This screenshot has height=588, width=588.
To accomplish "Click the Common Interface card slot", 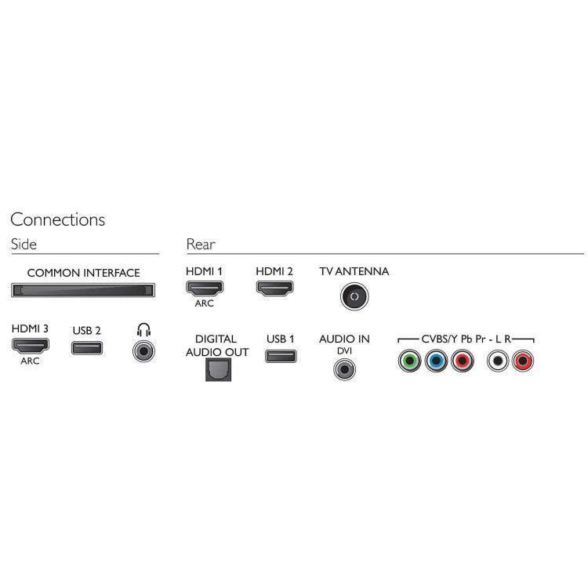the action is coord(83,290).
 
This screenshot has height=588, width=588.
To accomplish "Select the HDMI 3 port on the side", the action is coord(31,346).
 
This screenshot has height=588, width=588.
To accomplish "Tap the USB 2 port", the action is coord(87,348).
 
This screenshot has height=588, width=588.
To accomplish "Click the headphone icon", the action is coord(143,330).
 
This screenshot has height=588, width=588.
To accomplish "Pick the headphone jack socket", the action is coord(143,351).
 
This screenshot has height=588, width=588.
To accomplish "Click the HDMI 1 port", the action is coord(205,288).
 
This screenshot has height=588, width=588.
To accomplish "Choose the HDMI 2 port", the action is coord(275,288).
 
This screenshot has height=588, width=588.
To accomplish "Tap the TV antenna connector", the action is coord(354,296).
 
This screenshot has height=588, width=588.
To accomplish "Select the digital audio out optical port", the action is coord(218,370).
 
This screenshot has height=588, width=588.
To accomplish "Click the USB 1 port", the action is coord(281,356).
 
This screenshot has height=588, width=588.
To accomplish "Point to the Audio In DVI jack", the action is coord(344,369).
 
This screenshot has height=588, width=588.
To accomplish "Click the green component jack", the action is coord(409,361).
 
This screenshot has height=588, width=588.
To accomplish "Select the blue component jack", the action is coord(436,361).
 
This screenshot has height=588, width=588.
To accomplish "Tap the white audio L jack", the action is coord(498,361).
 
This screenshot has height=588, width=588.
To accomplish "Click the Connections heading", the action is coord(58,220).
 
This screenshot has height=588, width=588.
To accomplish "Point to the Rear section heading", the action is coord(201,244).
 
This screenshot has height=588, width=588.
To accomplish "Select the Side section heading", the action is coord(24,244).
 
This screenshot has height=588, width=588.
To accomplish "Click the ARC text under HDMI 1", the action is coord(205,303).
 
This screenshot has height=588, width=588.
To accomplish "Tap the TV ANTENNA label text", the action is coord(354,271).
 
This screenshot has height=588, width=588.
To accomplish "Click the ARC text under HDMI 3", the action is coord(30,361).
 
